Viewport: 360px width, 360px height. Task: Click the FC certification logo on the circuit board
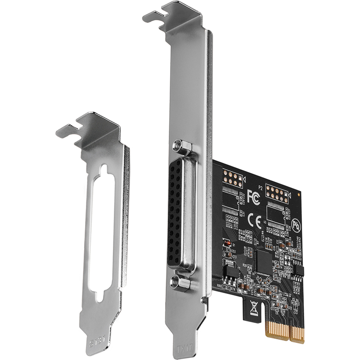pos(253,196)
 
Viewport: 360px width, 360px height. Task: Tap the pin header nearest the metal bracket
pos(232,179)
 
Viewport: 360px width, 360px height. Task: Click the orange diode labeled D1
pos(228,244)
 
